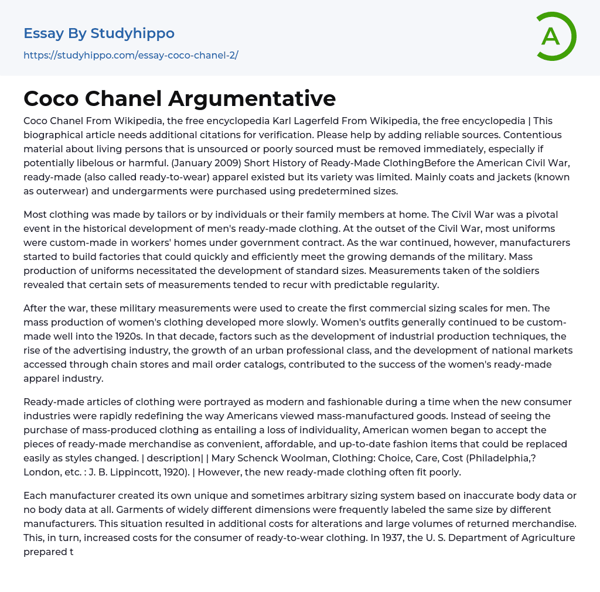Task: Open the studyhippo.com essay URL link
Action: point(131,56)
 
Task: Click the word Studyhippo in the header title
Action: point(132,33)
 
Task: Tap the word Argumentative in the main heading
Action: point(252,98)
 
